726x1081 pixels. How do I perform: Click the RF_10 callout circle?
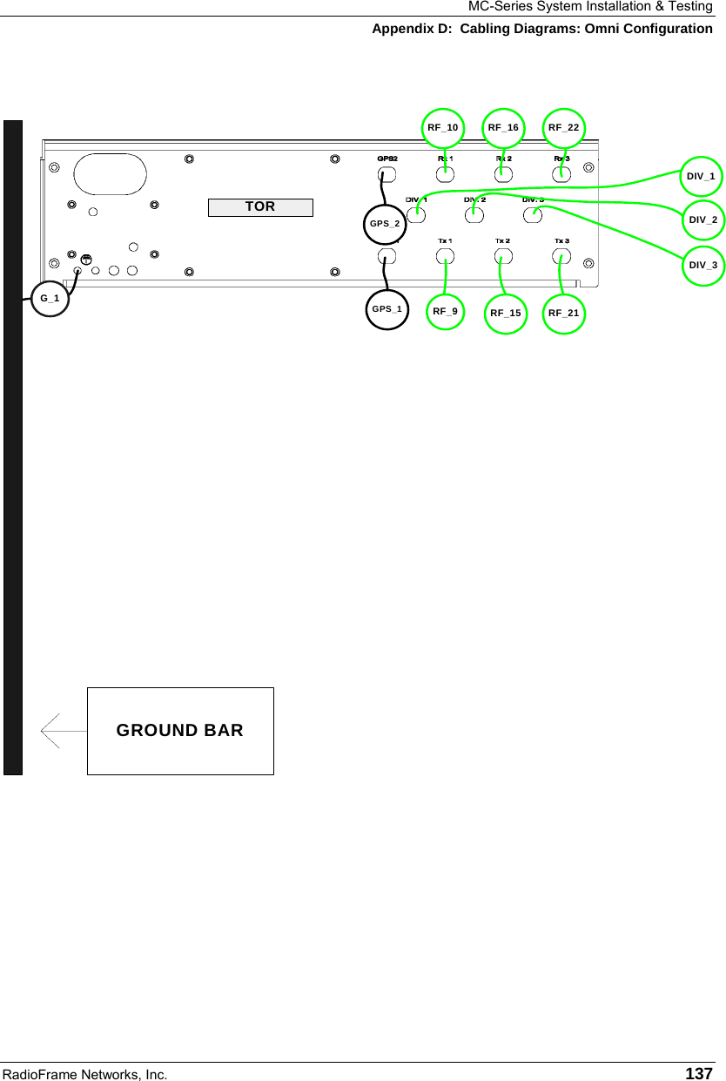pos(442,128)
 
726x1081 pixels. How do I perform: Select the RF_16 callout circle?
pos(503,128)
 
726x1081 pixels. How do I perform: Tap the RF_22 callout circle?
pos(563,128)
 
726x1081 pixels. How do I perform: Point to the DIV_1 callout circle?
pos(701,177)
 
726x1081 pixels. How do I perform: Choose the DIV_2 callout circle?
pos(702,220)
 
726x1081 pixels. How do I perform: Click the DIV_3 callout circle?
pos(702,265)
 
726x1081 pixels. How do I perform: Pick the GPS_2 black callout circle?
pos(385,224)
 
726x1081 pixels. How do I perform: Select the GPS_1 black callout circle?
pos(387,309)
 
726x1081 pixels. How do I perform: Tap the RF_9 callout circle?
pos(446,310)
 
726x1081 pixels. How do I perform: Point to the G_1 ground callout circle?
pos(50,299)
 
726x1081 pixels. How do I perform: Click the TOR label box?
pos(260,206)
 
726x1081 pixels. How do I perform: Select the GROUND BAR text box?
pos(180,731)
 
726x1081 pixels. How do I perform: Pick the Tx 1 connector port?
pos(445,256)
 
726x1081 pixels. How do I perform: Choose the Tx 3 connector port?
pos(561,256)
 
